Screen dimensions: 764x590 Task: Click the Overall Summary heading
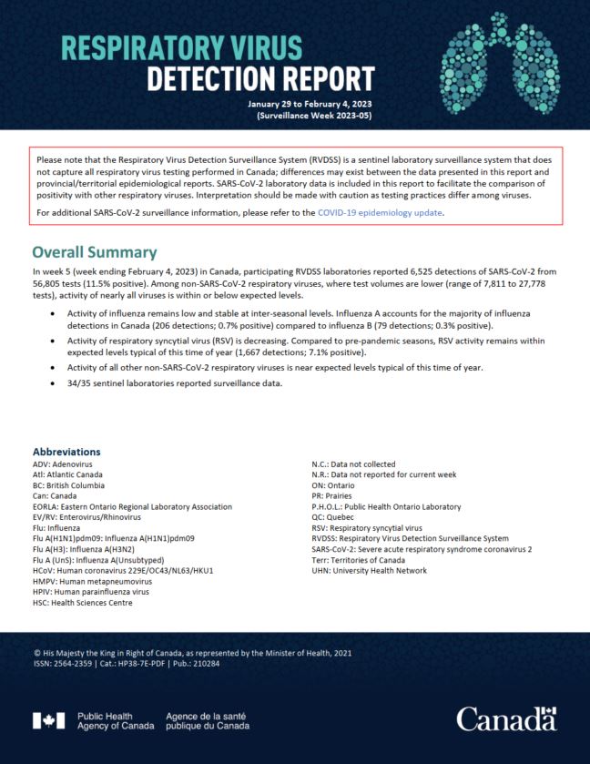pyautogui.click(x=95, y=252)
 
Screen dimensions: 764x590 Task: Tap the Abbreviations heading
pyautogui.click(x=66, y=452)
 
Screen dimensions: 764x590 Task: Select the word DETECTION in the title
pyautogui.click(x=213, y=80)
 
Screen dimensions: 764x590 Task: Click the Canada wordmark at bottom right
pyautogui.click(x=506, y=718)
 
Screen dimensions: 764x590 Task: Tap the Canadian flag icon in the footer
pyautogui.click(x=48, y=720)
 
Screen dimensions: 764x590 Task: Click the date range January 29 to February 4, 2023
pyautogui.click(x=310, y=105)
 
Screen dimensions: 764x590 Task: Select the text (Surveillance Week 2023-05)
pyautogui.click(x=314, y=117)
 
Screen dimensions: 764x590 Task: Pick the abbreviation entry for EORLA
pyautogui.click(x=132, y=506)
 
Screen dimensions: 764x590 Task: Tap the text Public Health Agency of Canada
pyautogui.click(x=116, y=720)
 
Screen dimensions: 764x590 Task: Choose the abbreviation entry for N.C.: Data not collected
pyautogui.click(x=361, y=463)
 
